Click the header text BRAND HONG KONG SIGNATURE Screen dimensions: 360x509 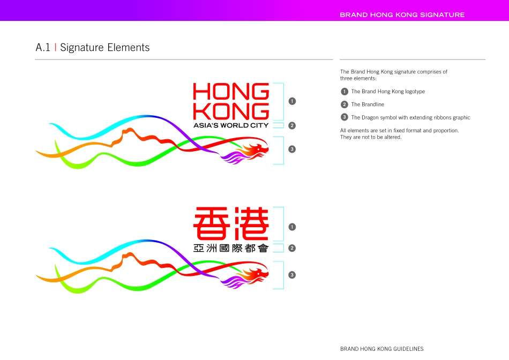click(402, 15)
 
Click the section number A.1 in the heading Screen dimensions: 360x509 click(43, 48)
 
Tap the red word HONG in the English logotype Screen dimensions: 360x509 click(231, 92)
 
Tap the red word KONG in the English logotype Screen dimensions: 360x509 click(231, 111)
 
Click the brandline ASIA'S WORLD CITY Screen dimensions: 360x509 click(231, 125)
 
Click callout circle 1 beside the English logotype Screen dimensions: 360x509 click(292, 101)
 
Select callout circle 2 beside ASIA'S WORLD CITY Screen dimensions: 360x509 click(292, 126)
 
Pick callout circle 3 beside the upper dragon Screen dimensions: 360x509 click(292, 149)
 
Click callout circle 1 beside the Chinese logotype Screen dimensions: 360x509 click(292, 227)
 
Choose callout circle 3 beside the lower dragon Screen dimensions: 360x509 click(292, 275)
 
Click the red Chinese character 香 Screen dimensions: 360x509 click(212, 224)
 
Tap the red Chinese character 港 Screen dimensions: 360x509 click(250, 224)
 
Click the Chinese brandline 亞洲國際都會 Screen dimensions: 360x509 click(231, 248)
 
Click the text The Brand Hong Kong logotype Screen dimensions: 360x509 click(388, 92)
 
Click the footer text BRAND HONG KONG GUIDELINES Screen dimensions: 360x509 click(381, 349)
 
